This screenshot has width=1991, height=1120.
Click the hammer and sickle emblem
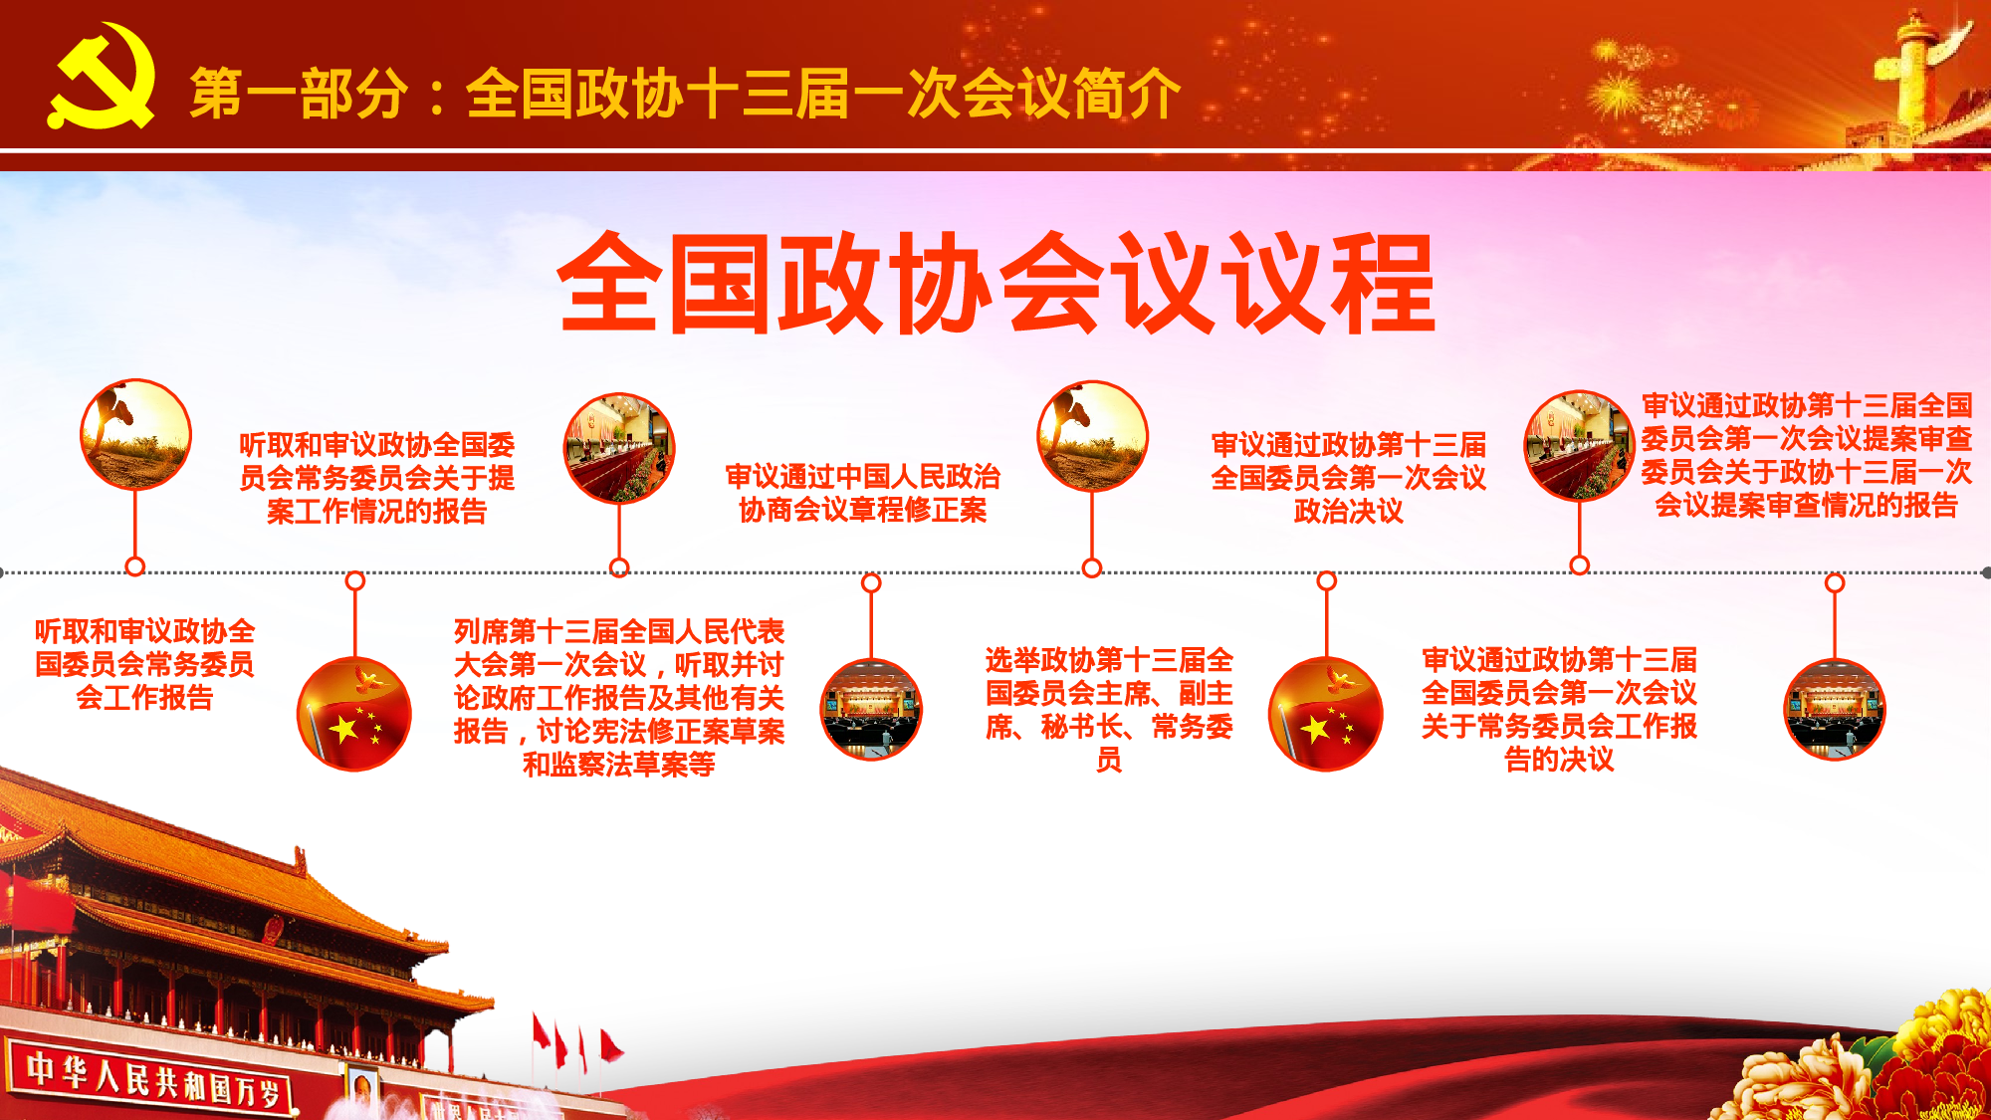pyautogui.click(x=103, y=78)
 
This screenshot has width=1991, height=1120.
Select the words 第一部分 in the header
pyautogui.click(x=299, y=95)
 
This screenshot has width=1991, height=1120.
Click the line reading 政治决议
pyautogui.click(x=1349, y=512)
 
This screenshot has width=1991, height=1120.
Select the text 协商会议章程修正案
pyautogui.click(x=863, y=510)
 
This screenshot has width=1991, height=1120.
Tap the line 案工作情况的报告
pyautogui.click(x=377, y=512)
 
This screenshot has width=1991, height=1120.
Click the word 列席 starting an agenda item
pyautogui.click(x=481, y=631)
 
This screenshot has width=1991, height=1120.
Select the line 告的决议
pyautogui.click(x=1559, y=760)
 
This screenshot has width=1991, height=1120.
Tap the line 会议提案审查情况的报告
pyautogui.click(x=1807, y=506)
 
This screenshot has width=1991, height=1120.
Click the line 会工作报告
pyautogui.click(x=144, y=698)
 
